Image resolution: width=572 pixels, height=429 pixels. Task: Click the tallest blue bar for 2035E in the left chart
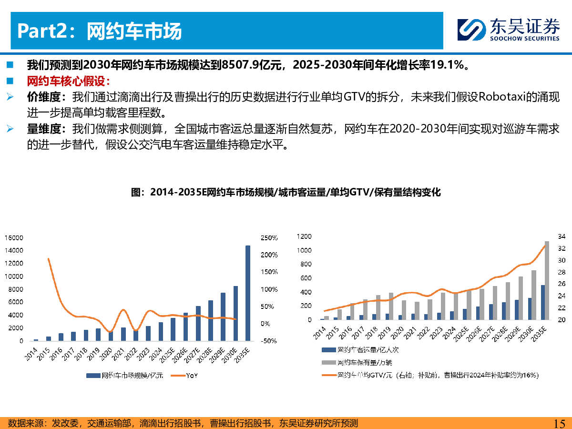point(247,293)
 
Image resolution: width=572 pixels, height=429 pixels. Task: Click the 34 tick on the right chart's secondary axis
point(561,236)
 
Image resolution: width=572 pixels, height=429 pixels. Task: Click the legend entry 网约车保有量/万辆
point(361,362)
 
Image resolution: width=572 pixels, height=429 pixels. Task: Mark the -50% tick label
point(270,341)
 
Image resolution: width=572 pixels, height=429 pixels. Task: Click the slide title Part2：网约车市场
point(100,31)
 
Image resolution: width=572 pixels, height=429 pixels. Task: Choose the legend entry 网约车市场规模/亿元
point(127,376)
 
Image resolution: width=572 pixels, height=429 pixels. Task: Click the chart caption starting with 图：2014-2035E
point(286,193)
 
